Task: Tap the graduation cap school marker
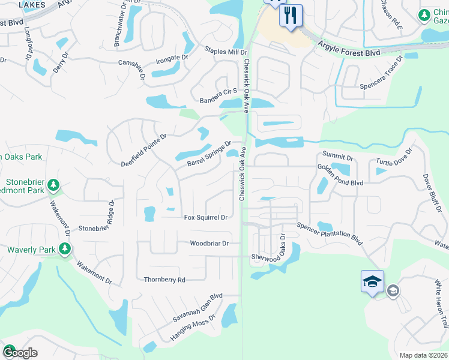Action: [372, 281]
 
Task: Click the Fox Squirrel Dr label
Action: [205, 217]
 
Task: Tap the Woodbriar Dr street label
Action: [209, 244]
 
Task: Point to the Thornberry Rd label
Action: [164, 280]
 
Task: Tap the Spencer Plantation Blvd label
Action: [330, 233]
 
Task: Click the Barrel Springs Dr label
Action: [209, 154]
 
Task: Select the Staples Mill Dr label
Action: [225, 52]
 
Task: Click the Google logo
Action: [20, 352]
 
